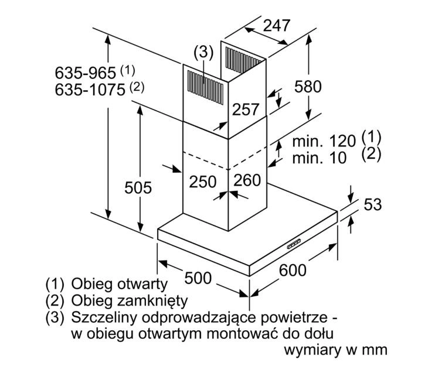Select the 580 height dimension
pos(308,87)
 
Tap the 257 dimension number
pos(246,109)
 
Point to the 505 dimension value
pos(138,188)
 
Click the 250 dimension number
pos(202,181)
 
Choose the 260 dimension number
pos(246,181)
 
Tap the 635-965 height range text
pos(87,73)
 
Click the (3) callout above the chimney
pos(202,52)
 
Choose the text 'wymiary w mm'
pos(335,350)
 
